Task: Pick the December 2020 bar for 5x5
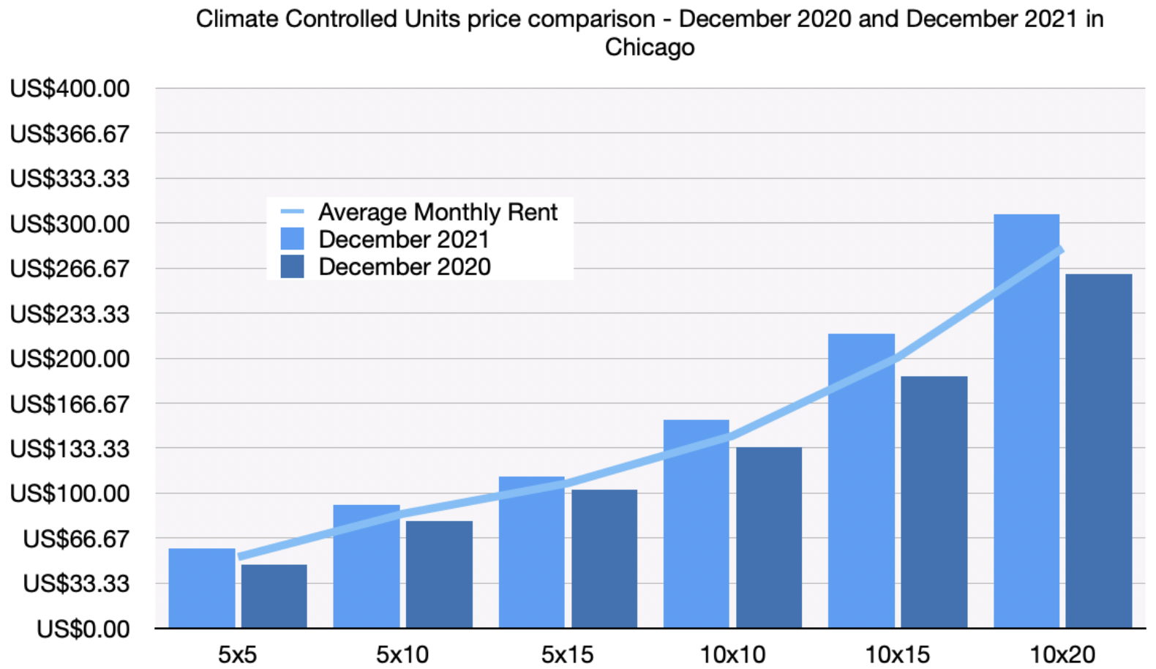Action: [274, 596]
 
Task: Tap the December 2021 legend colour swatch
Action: [292, 239]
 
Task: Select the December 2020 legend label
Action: [404, 266]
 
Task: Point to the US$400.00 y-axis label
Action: [70, 89]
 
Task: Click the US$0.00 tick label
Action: [83, 629]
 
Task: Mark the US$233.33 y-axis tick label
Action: [70, 314]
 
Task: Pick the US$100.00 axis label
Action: [70, 493]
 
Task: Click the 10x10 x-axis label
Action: [732, 654]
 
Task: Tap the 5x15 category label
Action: [567, 654]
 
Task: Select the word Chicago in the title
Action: [649, 47]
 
